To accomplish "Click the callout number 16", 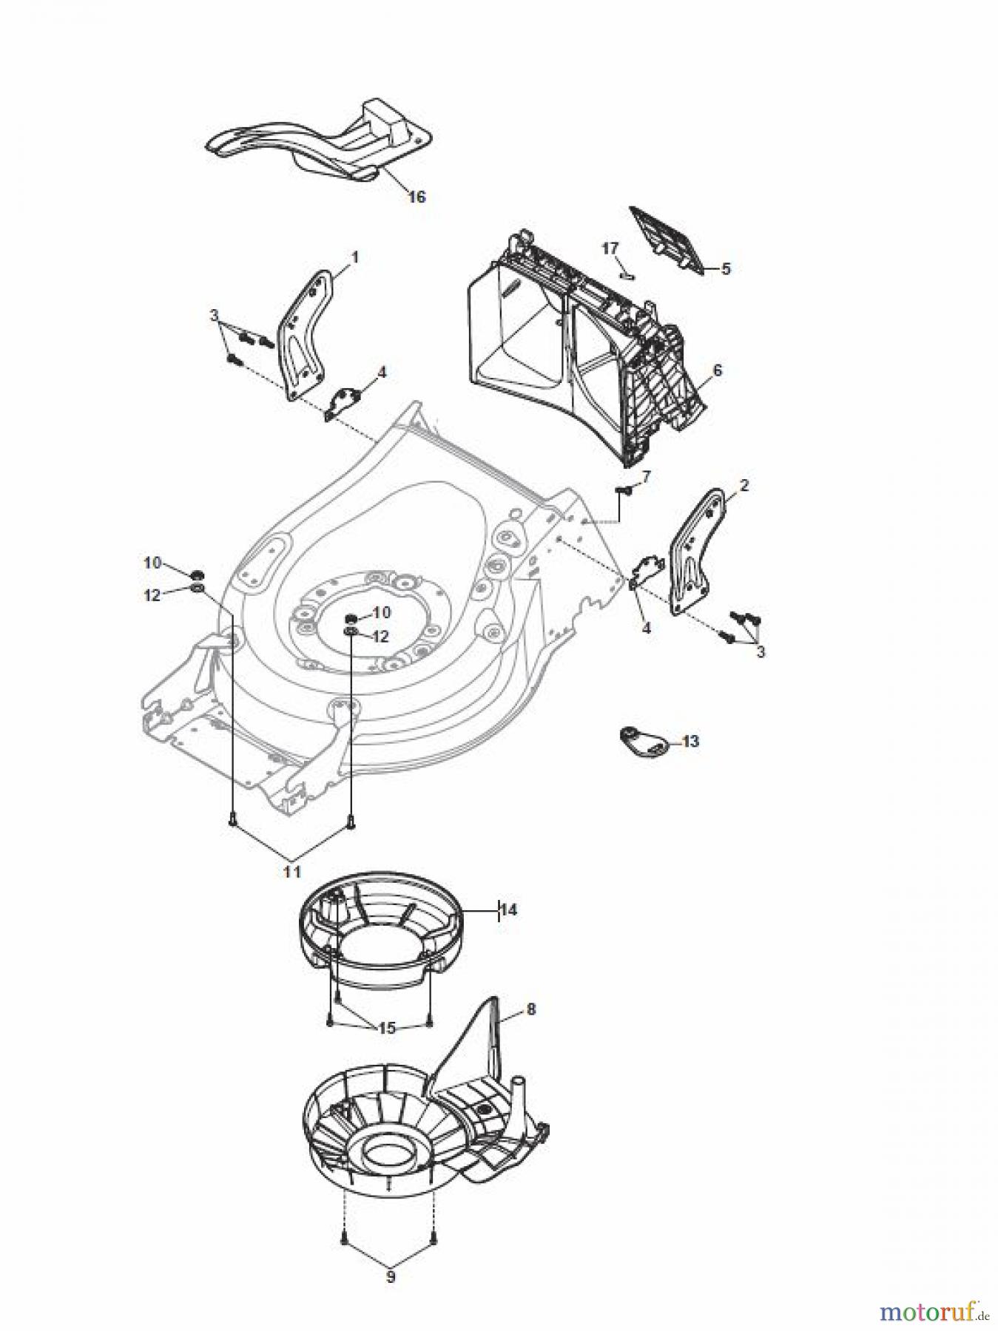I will (x=417, y=197).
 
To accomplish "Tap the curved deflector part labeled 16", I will (x=318, y=145).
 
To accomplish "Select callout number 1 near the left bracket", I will (x=354, y=257).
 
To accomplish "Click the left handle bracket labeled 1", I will (x=303, y=333).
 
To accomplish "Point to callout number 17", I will (x=610, y=248).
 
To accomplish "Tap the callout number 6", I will (x=716, y=370).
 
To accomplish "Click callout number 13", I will (x=690, y=741).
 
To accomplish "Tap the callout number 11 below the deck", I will (x=292, y=872).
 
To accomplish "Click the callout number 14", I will (x=508, y=910).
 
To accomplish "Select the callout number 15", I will (x=386, y=1028).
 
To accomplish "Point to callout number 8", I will (x=530, y=1009).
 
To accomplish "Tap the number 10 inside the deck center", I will (x=381, y=613).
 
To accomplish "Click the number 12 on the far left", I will (x=152, y=595).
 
